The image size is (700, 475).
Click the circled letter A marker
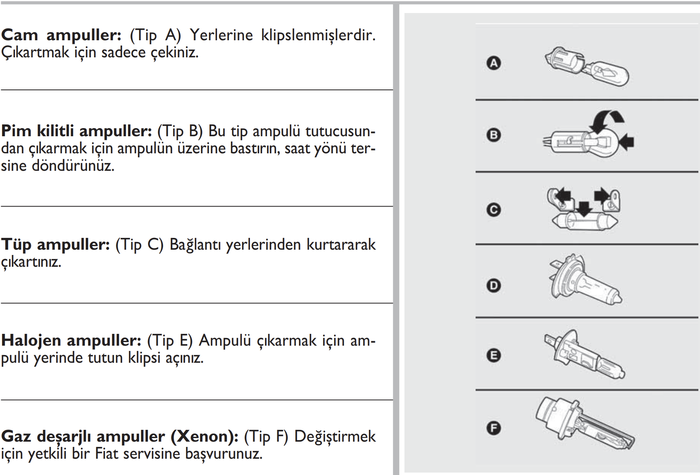[494, 63]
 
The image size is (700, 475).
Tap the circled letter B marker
[494, 135]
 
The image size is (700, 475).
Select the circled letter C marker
[494, 210]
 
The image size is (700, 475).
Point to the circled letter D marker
[494, 285]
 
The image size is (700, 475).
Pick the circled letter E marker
[494, 355]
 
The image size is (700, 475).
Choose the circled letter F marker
[494, 428]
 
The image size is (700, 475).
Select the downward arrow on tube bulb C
[585, 209]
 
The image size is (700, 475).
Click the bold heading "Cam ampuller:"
[61, 35]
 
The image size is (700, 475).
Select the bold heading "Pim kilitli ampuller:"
[76, 131]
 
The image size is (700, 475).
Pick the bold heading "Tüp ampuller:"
[55, 244]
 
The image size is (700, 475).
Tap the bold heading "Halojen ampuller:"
[71, 340]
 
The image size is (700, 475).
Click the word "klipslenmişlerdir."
[318, 35]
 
